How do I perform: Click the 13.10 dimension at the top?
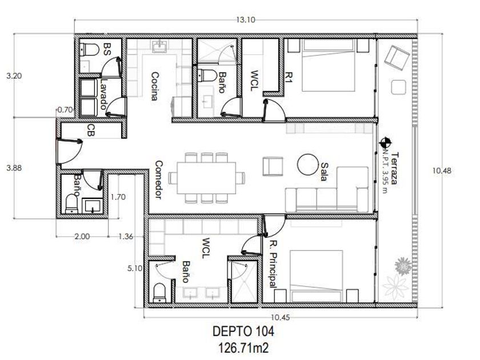click(x=245, y=20)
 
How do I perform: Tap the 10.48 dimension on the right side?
click(x=442, y=170)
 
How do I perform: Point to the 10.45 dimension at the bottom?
click(x=280, y=318)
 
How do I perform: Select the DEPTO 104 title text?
click(x=243, y=331)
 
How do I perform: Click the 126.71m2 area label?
click(x=243, y=348)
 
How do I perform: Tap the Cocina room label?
click(x=155, y=86)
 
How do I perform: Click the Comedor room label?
click(x=159, y=179)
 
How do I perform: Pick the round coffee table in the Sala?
click(x=307, y=165)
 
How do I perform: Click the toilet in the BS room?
click(x=89, y=49)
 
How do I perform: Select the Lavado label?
click(x=104, y=94)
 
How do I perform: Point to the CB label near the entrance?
click(x=91, y=130)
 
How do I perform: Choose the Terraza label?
click(x=394, y=168)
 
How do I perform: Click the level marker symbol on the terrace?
click(x=386, y=143)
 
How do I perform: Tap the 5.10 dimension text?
click(x=135, y=269)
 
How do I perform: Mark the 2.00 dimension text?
click(x=82, y=237)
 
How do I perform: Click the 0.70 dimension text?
click(x=65, y=110)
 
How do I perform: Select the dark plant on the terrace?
click(x=403, y=266)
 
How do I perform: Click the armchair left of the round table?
click(x=273, y=166)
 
